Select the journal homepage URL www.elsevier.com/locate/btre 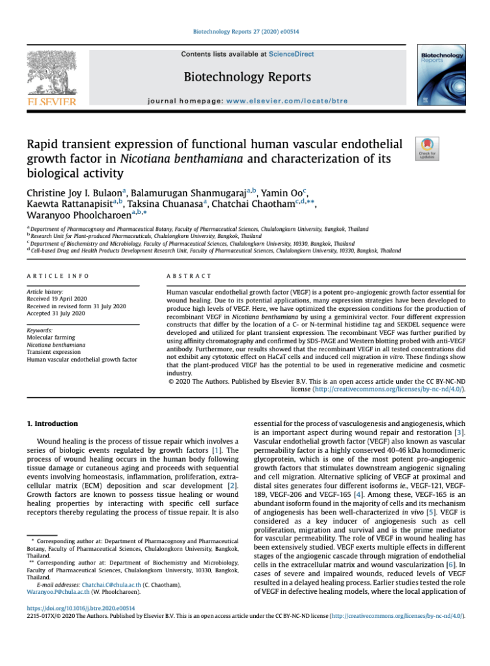point(287,101)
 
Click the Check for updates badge point(426,149)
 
